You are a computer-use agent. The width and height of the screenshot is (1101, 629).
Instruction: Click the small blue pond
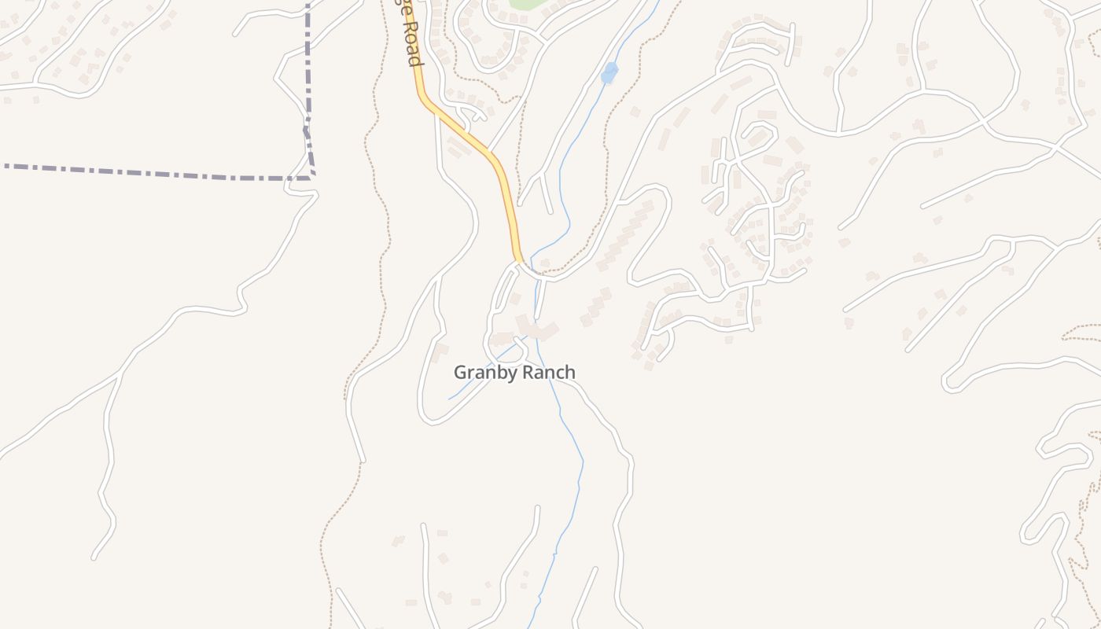point(609,73)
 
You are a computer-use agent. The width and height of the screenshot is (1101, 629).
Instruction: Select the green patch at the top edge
point(528,3)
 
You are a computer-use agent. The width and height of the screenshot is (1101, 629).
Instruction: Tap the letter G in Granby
point(460,373)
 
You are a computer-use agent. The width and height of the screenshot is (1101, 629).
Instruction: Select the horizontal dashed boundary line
point(157,172)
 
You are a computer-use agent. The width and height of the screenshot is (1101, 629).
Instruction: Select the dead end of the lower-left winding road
point(94,558)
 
